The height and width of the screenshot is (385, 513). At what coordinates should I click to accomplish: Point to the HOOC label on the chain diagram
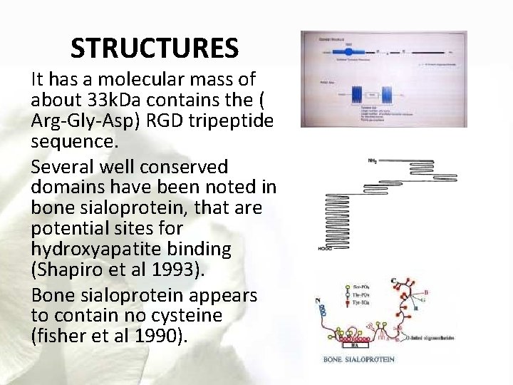pos(317,249)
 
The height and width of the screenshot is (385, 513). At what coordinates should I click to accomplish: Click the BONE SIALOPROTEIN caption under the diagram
pos(359,359)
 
